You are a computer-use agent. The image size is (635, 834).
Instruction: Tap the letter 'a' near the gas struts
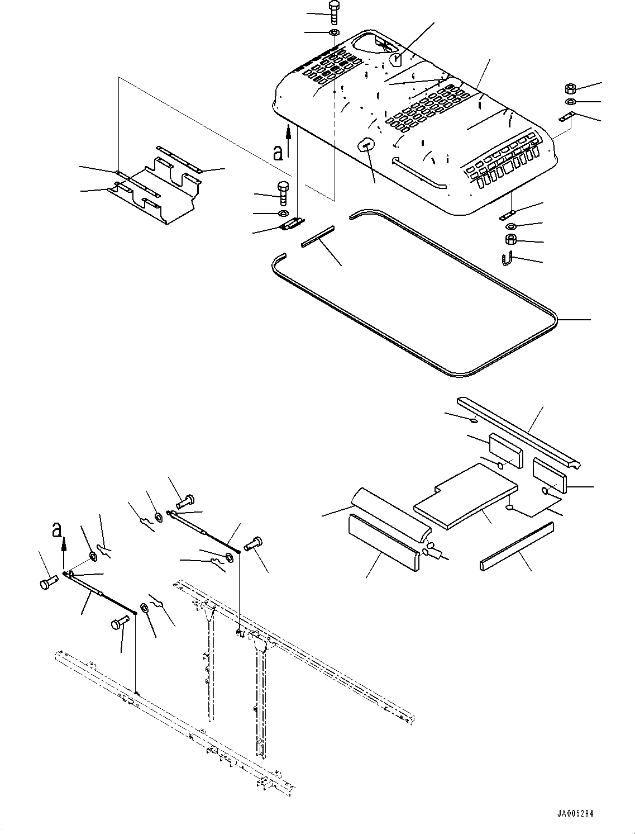[x=56, y=529]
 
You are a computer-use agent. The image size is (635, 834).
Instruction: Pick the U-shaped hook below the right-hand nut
[x=505, y=259]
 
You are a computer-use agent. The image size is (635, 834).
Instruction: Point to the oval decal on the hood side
[x=364, y=145]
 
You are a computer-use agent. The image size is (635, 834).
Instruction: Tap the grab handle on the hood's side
[x=419, y=174]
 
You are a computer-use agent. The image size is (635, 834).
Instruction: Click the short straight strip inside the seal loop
[x=317, y=236]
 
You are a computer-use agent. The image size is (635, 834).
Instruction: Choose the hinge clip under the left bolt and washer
[x=291, y=224]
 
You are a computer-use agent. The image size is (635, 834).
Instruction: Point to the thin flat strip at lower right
[x=517, y=547]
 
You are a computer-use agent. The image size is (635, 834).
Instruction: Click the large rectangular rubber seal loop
[x=413, y=313]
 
